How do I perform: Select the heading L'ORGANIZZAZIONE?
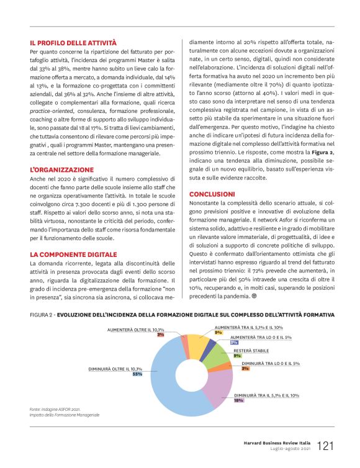(61, 169)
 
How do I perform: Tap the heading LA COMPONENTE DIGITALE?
(73, 254)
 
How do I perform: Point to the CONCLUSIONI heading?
(212, 194)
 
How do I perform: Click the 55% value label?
(137, 374)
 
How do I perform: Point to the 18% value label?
(238, 400)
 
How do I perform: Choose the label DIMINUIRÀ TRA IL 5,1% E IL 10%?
(266, 395)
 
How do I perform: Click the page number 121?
(328, 446)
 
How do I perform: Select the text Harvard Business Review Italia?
(277, 443)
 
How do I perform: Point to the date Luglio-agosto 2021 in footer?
(289, 449)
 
